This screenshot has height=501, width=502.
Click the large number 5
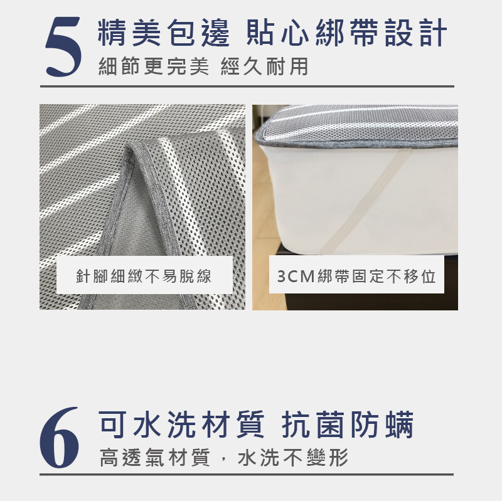click(x=63, y=46)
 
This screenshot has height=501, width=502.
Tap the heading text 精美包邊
click(x=164, y=33)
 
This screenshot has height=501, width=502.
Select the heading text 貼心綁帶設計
click(x=346, y=33)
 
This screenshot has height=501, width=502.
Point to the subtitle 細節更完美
click(x=154, y=66)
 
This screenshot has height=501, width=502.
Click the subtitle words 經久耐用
click(x=264, y=66)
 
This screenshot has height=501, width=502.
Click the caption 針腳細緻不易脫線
click(x=144, y=276)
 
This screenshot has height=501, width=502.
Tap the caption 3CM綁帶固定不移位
click(x=356, y=276)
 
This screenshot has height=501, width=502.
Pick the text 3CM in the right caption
click(x=296, y=276)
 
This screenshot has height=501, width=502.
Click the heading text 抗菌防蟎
click(x=348, y=425)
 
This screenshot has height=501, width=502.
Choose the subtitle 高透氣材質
click(x=154, y=458)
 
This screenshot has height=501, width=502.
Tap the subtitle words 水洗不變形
click(x=293, y=458)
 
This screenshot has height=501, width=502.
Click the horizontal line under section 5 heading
click(x=247, y=87)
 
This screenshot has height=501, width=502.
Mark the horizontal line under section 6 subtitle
click(x=247, y=475)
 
